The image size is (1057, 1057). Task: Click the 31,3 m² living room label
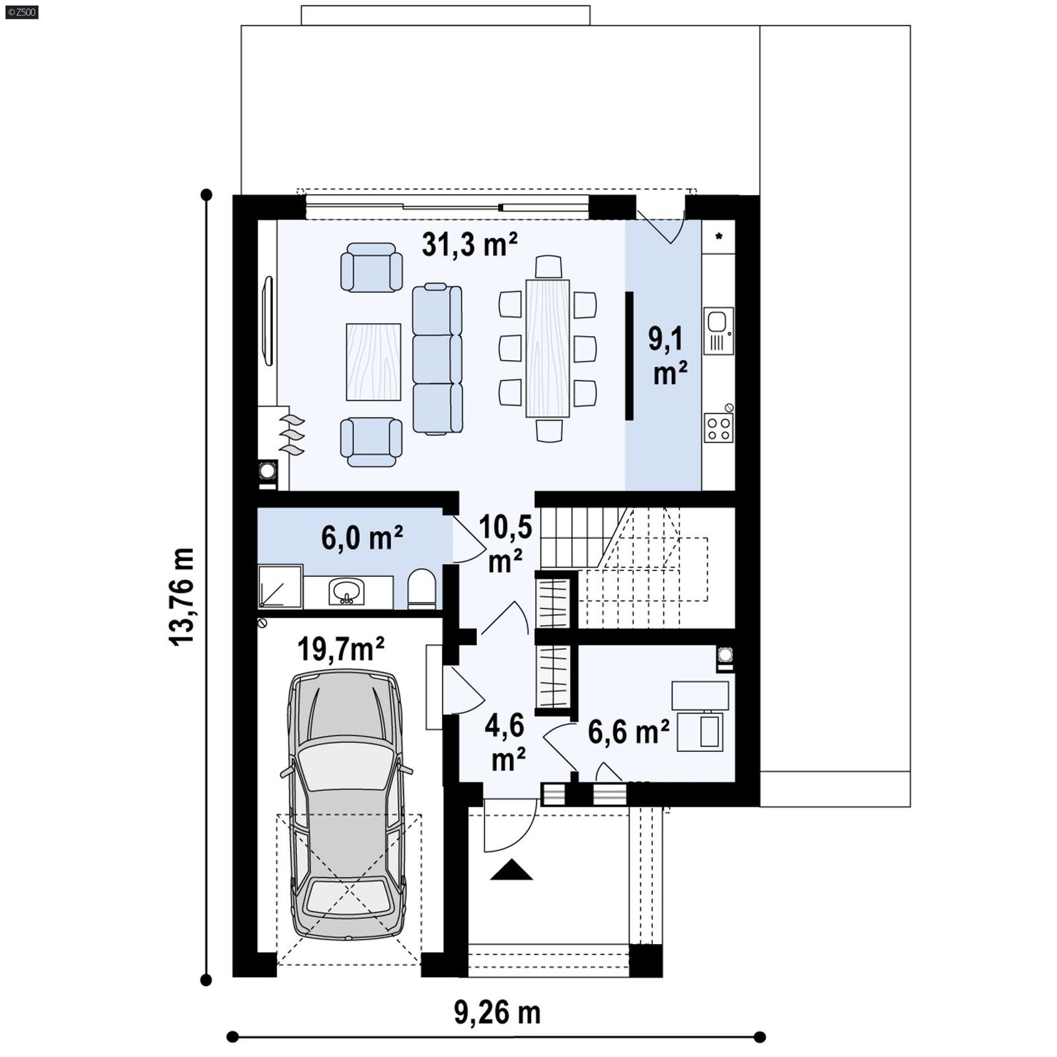(x=470, y=245)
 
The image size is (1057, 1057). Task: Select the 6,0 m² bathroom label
(x=362, y=538)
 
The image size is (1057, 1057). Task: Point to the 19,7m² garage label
(x=341, y=649)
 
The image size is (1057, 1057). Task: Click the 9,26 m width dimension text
(x=497, y=1012)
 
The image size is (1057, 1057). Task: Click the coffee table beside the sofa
(x=373, y=361)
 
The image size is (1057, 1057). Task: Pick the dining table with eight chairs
(x=548, y=348)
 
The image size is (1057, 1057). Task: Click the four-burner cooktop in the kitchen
(x=718, y=427)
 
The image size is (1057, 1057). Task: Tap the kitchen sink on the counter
(x=718, y=330)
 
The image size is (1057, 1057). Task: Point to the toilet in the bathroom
(x=421, y=589)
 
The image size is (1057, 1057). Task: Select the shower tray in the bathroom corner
(x=280, y=585)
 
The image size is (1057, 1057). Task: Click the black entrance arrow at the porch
(x=511, y=871)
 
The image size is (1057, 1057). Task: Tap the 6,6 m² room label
(x=628, y=732)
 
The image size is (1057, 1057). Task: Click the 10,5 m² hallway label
(x=505, y=543)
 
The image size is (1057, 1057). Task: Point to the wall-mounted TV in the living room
(x=268, y=320)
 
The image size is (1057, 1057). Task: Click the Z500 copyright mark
(x=21, y=12)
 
